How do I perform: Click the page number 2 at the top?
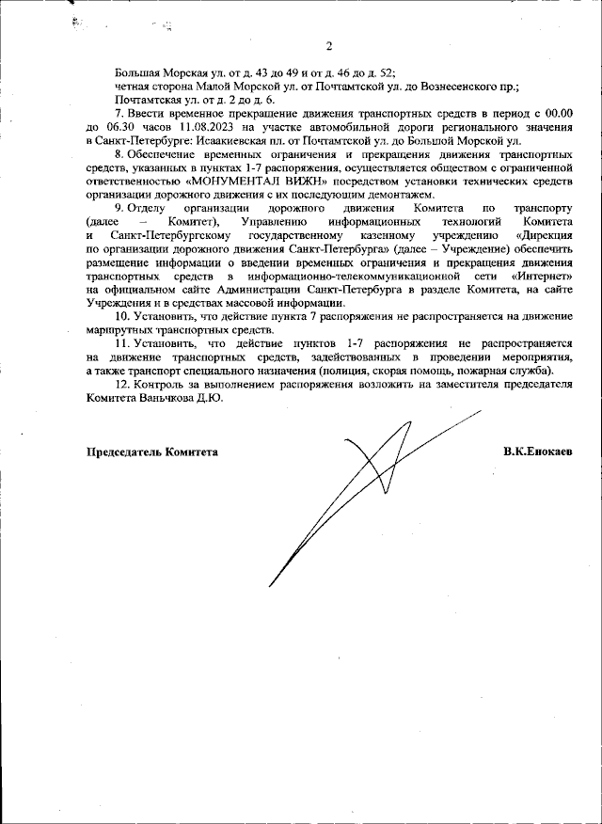click(329, 46)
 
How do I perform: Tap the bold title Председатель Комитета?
click(152, 452)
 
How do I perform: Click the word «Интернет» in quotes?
click(543, 278)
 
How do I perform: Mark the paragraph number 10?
click(123, 318)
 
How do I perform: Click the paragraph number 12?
click(123, 385)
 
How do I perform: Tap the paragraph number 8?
click(119, 153)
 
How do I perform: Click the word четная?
click(133, 86)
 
